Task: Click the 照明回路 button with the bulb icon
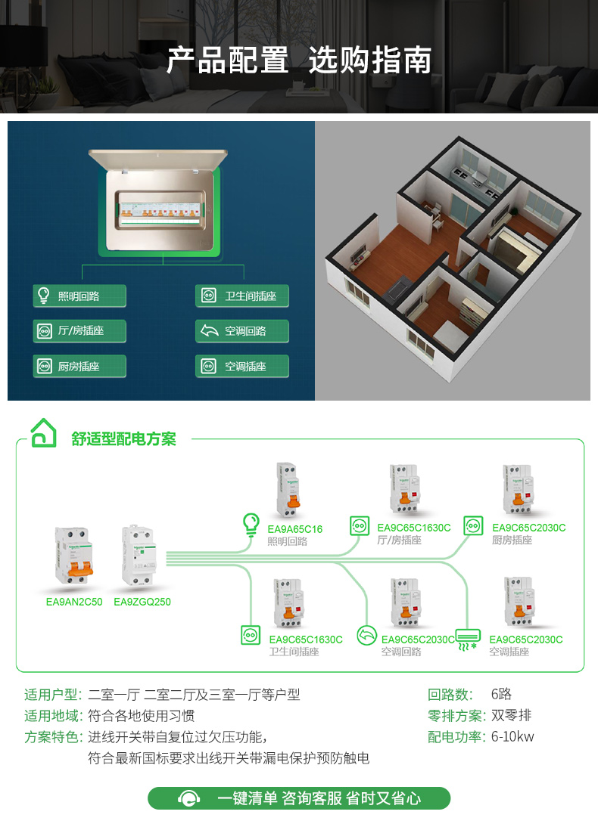[x=79, y=296]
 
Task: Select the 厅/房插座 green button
[x=79, y=331]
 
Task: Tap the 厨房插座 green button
[x=79, y=367]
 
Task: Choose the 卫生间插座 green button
[x=242, y=296]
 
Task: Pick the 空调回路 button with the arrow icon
[x=242, y=331]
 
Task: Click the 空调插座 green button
[x=242, y=367]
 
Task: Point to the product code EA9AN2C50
[x=74, y=602]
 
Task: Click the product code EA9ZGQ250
[x=142, y=602]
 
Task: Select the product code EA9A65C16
[x=295, y=529]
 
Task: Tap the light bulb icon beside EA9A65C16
[x=250, y=522]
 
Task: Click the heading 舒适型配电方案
[x=123, y=439]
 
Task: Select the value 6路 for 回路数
[x=501, y=695]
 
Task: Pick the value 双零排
[x=512, y=716]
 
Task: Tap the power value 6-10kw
[x=512, y=737]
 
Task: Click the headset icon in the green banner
[x=188, y=799]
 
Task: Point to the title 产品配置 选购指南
[x=299, y=60]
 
